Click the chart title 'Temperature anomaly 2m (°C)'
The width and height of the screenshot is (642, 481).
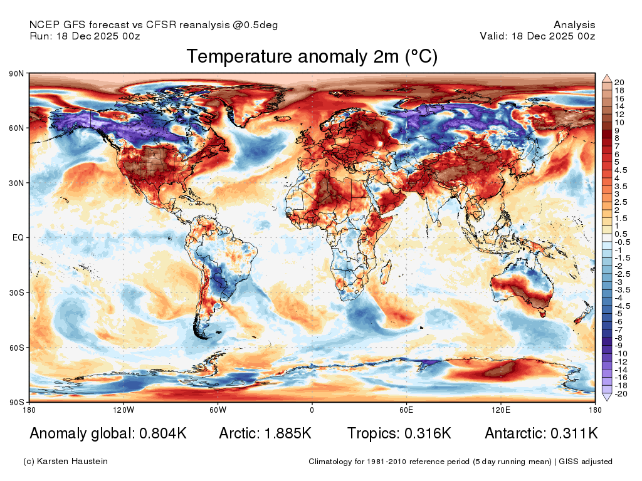pos(312,56)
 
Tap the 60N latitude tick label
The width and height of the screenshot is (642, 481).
pos(16,128)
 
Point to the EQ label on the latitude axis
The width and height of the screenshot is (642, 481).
pos(18,237)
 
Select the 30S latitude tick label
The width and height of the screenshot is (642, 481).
pos(16,293)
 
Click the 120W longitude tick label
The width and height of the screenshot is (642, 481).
pos(124,410)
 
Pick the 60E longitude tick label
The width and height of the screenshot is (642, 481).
pos(406,410)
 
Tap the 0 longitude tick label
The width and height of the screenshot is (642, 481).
pos(312,410)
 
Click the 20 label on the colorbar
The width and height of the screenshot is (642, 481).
pos(619,83)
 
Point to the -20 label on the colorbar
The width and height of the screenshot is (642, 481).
pos(621,394)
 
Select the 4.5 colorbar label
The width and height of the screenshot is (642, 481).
pos(621,170)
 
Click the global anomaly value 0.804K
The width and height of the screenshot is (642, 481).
pos(163,433)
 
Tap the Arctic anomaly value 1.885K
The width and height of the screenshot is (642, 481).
pos(288,433)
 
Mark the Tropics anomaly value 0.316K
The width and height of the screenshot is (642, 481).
pos(428,433)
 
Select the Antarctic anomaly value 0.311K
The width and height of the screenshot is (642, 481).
pos(574,433)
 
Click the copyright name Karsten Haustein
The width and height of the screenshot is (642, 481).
pos(72,462)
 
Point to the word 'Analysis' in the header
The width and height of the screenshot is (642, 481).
pos(574,25)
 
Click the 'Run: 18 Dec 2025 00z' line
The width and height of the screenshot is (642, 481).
pos(85,36)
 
